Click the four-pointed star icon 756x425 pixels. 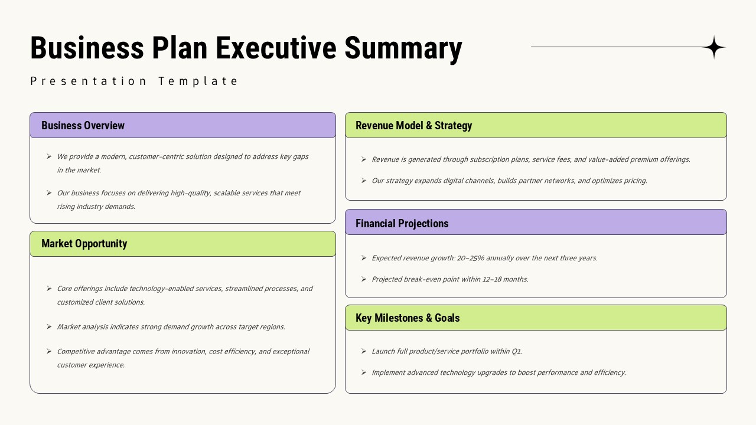click(714, 47)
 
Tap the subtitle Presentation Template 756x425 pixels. click(134, 81)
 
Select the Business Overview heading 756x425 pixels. click(83, 126)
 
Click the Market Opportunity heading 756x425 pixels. click(84, 244)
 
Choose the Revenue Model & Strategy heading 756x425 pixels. click(413, 126)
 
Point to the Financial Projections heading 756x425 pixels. click(402, 224)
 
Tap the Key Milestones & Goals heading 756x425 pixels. click(407, 318)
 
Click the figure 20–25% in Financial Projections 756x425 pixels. click(471, 258)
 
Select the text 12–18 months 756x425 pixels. click(505, 279)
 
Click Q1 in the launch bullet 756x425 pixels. click(516, 351)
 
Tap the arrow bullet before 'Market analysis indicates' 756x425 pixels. click(49, 326)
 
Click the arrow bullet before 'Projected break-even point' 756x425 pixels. click(364, 279)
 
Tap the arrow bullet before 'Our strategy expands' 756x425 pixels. click(364, 181)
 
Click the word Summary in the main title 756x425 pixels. click(403, 48)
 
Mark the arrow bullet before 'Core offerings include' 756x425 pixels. click(49, 289)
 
